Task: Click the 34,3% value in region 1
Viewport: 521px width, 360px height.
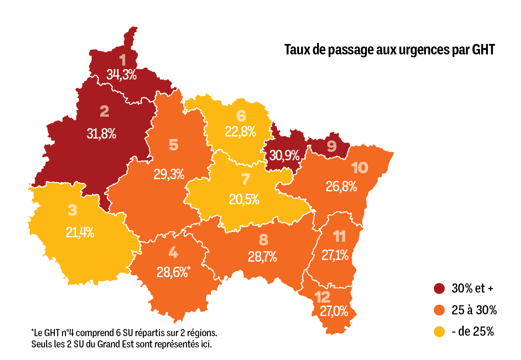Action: pyautogui.click(x=121, y=75)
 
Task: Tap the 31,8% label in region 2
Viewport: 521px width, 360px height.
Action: pyautogui.click(x=101, y=134)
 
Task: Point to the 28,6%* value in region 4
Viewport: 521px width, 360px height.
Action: pyautogui.click(x=173, y=272)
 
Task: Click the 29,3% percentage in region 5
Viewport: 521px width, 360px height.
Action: pyautogui.click(x=169, y=174)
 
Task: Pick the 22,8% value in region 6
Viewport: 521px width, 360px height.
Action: pyautogui.click(x=240, y=131)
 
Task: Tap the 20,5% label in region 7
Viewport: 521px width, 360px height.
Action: pyautogui.click(x=244, y=200)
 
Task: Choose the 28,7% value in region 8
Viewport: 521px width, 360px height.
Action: pyautogui.click(x=263, y=257)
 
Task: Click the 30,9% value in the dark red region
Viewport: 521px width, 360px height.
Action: pyautogui.click(x=284, y=156)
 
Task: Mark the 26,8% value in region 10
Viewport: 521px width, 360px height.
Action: pyautogui.click(x=341, y=186)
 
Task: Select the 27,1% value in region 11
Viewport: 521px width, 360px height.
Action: pyautogui.click(x=335, y=255)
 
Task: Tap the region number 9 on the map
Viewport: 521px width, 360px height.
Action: pyautogui.click(x=332, y=146)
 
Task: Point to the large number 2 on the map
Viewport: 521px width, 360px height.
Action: pyautogui.click(x=104, y=112)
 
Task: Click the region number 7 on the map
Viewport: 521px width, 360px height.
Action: pyautogui.click(x=245, y=180)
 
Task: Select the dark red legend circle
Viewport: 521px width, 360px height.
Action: pyautogui.click(x=439, y=288)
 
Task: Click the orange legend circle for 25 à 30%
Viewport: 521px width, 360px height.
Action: pyautogui.click(x=439, y=310)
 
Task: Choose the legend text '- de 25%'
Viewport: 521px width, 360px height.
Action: pyautogui.click(x=473, y=332)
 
